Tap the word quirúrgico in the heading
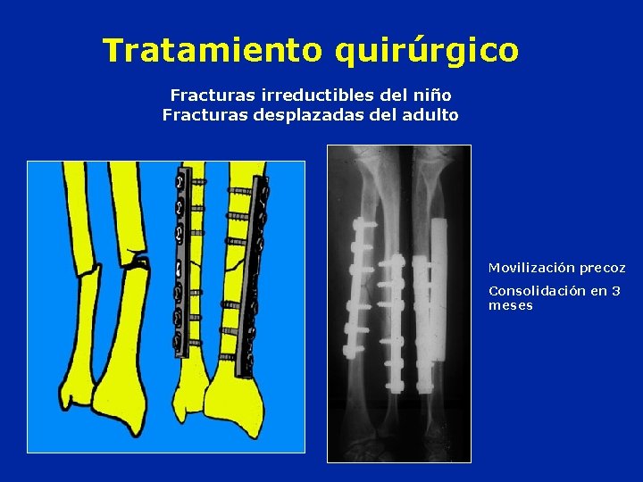[x=426, y=51]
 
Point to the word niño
[x=433, y=95]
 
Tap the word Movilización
[x=530, y=268]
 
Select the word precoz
[x=602, y=268]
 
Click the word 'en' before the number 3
[x=596, y=291]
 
